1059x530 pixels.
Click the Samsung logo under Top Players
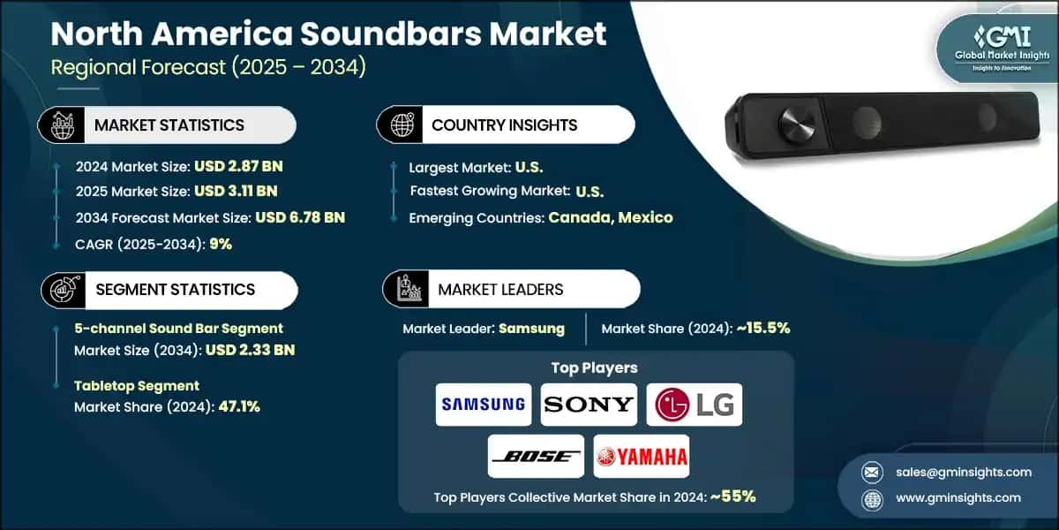coord(484,405)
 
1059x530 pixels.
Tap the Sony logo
coord(588,405)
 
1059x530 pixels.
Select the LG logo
coord(694,405)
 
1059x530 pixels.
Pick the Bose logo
coord(536,456)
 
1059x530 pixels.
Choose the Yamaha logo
coord(641,456)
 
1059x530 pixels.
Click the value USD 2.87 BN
coord(240,165)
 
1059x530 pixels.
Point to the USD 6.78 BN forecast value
coord(299,217)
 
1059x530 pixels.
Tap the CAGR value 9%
coord(221,244)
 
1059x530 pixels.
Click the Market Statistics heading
coord(169,125)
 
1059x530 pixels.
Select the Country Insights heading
coord(504,125)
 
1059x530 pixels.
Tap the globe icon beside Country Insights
coord(402,125)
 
